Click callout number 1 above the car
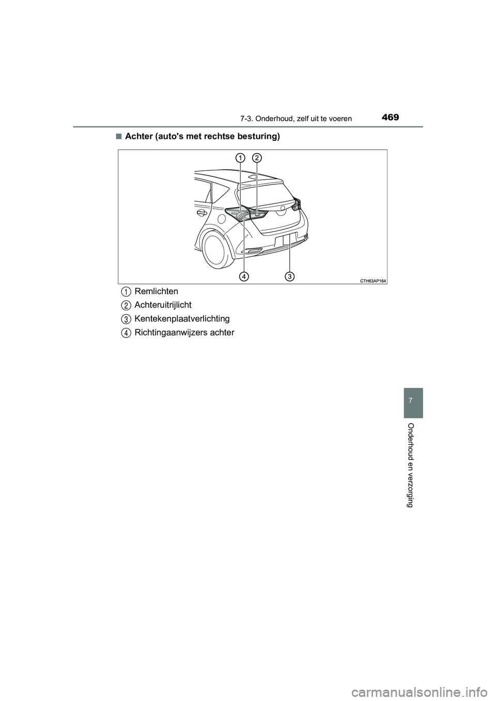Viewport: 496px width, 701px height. pos(240,158)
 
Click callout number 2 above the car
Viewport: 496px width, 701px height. pos(257,158)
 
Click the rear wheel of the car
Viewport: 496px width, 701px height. pos(215,249)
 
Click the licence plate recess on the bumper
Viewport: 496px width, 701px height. pos(286,241)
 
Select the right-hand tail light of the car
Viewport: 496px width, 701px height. pos(297,204)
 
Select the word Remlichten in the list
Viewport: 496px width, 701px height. pos(156,292)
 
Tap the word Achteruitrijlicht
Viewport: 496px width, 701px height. pos(163,305)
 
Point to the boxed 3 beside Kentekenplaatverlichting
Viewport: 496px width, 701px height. pos(126,319)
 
